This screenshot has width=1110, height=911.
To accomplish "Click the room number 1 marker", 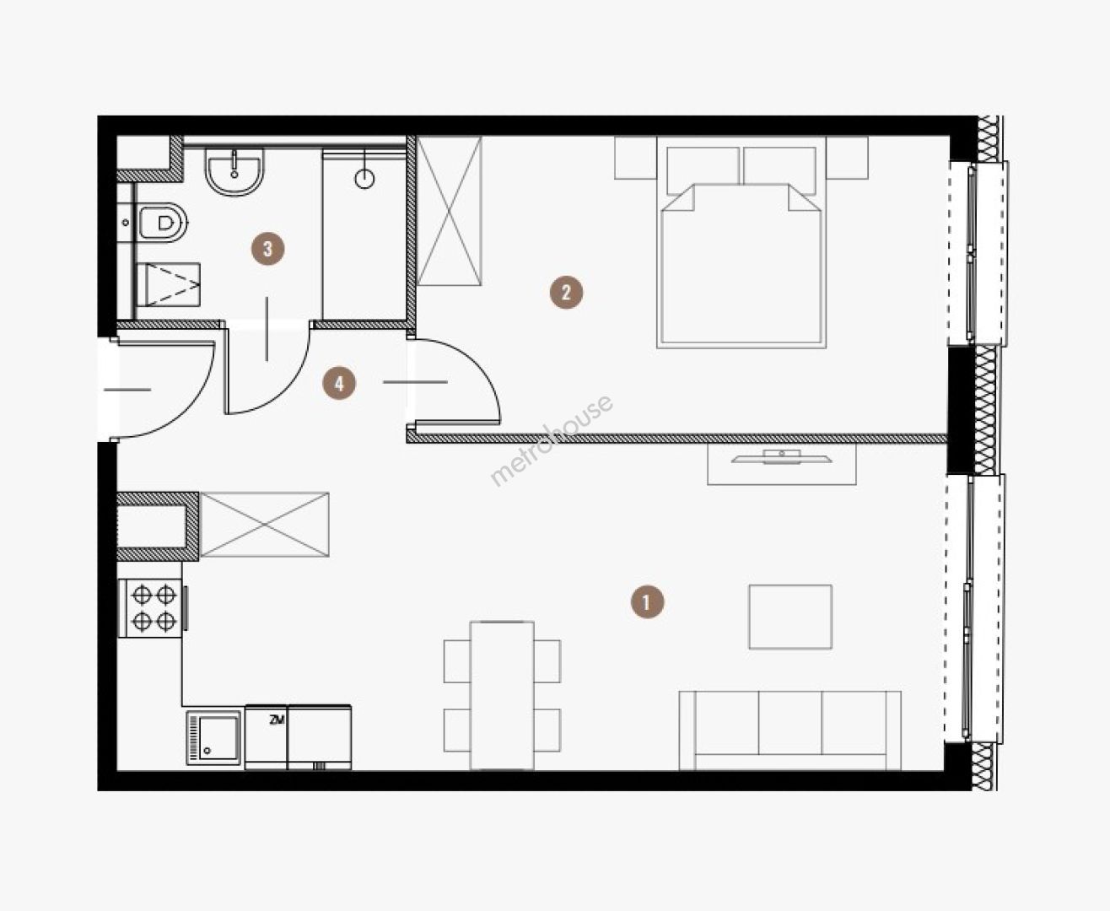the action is pyautogui.click(x=647, y=601).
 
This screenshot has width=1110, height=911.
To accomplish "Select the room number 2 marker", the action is pyautogui.click(x=566, y=293).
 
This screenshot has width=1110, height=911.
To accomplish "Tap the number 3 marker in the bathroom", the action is pyautogui.click(x=268, y=248).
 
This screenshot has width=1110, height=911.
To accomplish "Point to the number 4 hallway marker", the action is pyautogui.click(x=339, y=383).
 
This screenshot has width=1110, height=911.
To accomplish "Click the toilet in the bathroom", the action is pyautogui.click(x=163, y=223).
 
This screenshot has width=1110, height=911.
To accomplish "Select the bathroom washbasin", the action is pyautogui.click(x=234, y=170).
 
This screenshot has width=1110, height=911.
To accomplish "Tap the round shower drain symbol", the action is pyautogui.click(x=364, y=180).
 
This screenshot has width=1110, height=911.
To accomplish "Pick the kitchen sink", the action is pyautogui.click(x=213, y=737).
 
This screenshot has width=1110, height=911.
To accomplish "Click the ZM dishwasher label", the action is pyautogui.click(x=277, y=720).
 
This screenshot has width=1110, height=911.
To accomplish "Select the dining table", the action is pyautogui.click(x=502, y=696).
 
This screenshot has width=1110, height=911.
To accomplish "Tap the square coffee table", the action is pyautogui.click(x=790, y=617).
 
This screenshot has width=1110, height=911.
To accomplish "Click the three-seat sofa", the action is pyautogui.click(x=790, y=730).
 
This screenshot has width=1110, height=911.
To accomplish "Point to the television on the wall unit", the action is pyautogui.click(x=782, y=457).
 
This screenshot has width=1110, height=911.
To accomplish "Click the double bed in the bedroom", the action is pyautogui.click(x=741, y=243).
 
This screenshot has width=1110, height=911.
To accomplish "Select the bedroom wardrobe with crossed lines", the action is pyautogui.click(x=449, y=211).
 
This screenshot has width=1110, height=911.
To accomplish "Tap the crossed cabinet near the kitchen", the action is pyautogui.click(x=265, y=524).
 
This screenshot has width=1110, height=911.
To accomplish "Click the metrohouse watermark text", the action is pyautogui.click(x=552, y=440).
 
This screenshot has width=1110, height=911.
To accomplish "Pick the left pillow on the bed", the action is pyautogui.click(x=703, y=170).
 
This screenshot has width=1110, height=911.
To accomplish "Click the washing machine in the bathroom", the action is pyautogui.click(x=169, y=285).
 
